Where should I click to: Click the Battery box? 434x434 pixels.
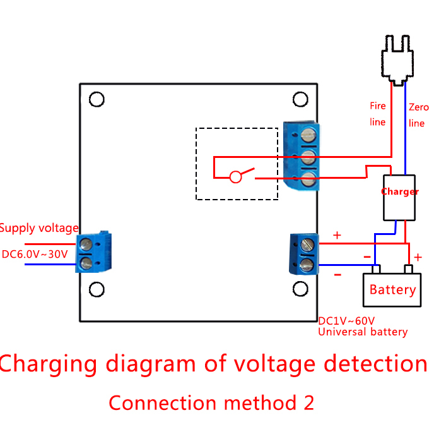click(392, 290)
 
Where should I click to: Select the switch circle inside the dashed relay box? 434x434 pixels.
click(235, 177)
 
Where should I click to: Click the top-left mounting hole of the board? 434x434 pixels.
click(97, 99)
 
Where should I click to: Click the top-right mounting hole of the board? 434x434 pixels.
click(301, 99)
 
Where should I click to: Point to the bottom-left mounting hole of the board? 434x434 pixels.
click(97, 289)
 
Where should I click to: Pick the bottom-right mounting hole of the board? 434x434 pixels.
click(301, 289)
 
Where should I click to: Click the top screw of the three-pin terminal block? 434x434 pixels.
click(308, 135)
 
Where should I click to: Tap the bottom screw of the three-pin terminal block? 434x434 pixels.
click(308, 179)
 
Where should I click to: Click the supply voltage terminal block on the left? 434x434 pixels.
click(93, 253)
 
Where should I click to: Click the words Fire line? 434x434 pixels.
click(377, 114)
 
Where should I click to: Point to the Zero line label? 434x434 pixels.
click(418, 115)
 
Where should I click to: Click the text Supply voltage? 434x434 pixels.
click(39, 228)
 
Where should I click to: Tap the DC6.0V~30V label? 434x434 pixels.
click(35, 254)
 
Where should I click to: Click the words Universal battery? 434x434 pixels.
click(363, 332)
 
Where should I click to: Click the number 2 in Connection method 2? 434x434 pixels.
click(308, 402)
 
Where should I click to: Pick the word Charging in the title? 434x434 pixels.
click(49, 364)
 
